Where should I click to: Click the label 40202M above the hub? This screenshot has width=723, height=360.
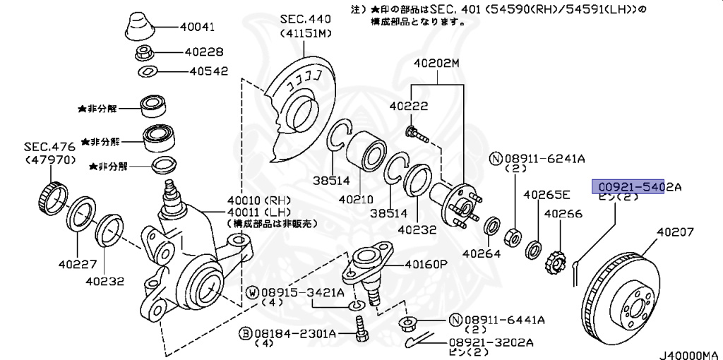click(436, 63)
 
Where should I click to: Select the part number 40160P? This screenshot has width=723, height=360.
click(427, 265)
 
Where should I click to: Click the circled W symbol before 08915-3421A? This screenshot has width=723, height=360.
click(251, 292)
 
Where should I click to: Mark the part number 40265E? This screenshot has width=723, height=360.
click(546, 194)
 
